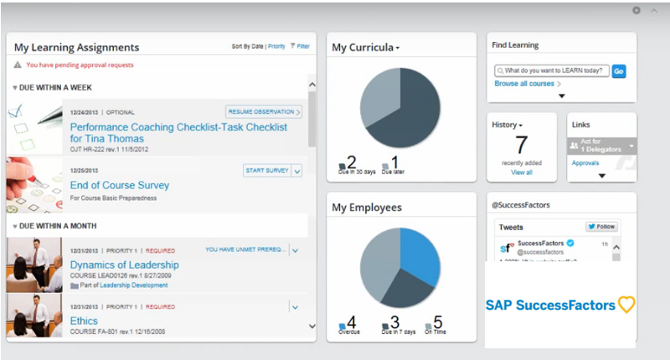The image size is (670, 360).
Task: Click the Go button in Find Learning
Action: coord(619,72)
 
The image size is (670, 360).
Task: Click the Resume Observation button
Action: coord(263,111)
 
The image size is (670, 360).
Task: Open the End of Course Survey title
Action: coord(120,185)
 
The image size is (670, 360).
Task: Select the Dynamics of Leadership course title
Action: coord(124,265)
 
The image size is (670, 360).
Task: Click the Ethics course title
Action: coord(84,321)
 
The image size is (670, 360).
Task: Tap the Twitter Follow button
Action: coord(601,227)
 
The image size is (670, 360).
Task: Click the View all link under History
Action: coord(522,172)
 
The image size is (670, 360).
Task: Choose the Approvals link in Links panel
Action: coord(585,163)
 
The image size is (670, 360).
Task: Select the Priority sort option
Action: coord(276,47)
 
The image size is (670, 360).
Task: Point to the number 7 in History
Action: coord(521,146)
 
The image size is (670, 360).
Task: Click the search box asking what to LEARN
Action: coord(551,72)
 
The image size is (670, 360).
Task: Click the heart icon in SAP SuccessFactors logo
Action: coord(626,305)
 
